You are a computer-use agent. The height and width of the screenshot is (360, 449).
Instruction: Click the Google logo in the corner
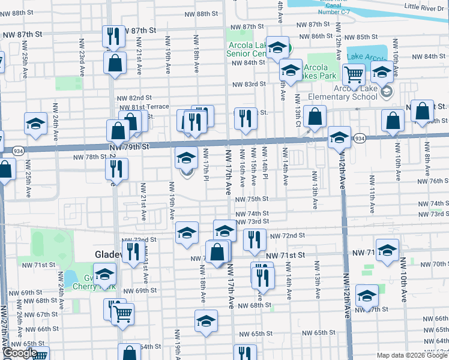click(x=19, y=353)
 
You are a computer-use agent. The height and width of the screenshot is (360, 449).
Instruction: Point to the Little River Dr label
click(x=426, y=7)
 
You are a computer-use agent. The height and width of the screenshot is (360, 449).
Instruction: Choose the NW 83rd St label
click(x=250, y=85)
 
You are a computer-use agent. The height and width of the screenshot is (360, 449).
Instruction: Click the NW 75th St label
click(x=252, y=199)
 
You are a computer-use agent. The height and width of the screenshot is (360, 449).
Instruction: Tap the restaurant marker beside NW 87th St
click(x=113, y=37)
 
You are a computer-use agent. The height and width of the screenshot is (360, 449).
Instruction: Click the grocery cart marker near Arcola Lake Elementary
click(x=354, y=75)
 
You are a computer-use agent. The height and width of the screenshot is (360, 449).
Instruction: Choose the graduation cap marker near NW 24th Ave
click(x=35, y=125)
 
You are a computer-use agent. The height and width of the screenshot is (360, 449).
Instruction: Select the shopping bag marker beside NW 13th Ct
click(x=314, y=118)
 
